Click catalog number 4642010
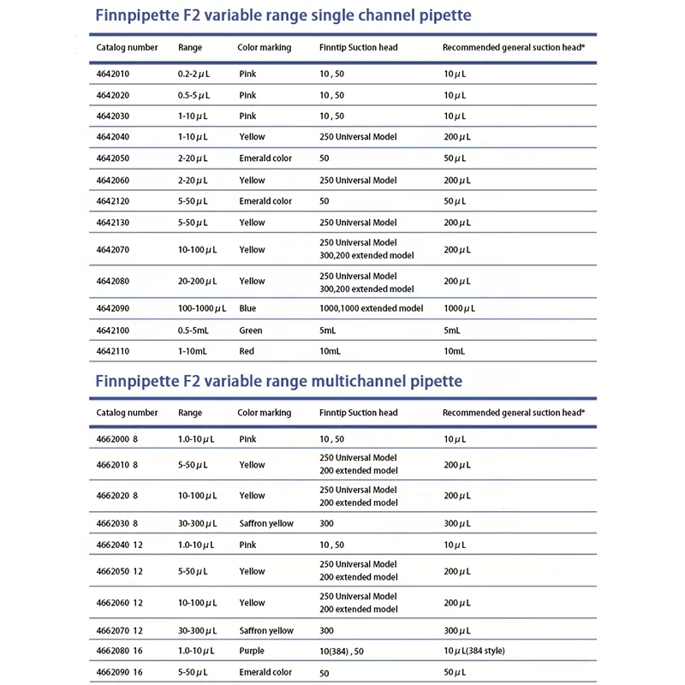(x=113, y=74)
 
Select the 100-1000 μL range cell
(x=202, y=308)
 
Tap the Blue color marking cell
(x=247, y=308)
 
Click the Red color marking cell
(x=247, y=351)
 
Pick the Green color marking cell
(x=251, y=330)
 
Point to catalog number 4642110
(x=113, y=351)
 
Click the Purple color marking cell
(x=253, y=651)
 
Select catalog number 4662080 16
(x=120, y=651)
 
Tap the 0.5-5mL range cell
(x=196, y=330)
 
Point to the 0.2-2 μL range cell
(x=198, y=74)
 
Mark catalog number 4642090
(x=113, y=308)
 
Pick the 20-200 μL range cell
(x=198, y=281)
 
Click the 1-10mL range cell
(x=194, y=351)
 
